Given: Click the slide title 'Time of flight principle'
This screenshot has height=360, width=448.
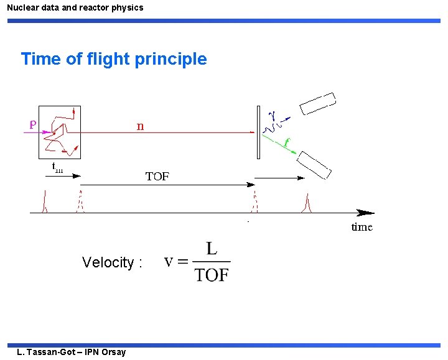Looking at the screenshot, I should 114,59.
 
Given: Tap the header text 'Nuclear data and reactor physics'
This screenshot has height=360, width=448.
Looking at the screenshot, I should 75,7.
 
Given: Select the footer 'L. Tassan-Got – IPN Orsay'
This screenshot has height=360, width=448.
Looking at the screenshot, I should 72,353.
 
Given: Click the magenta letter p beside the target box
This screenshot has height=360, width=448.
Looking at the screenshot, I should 32,124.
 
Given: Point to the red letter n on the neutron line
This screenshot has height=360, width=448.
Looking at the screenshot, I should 140,126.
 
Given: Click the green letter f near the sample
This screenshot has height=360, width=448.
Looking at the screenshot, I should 287,142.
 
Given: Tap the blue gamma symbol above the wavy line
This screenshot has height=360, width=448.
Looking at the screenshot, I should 271,114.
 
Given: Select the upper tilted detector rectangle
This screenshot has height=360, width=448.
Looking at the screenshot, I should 317,103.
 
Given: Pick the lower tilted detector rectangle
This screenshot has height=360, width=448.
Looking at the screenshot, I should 314,164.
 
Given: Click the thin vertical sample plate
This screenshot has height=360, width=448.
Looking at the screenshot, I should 258,132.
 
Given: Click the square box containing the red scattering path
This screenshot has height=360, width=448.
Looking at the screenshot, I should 60,132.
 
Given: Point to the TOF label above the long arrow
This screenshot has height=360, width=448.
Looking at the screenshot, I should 157,177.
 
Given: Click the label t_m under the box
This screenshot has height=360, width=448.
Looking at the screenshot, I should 57,168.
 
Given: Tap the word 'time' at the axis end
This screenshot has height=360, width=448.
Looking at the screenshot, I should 362,227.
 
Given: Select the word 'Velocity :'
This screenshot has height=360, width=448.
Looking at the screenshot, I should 112,262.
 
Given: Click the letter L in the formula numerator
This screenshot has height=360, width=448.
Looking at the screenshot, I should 212,249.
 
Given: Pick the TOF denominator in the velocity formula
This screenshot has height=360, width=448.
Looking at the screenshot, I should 212,275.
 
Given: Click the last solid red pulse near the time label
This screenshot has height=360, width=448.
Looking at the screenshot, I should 307,203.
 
